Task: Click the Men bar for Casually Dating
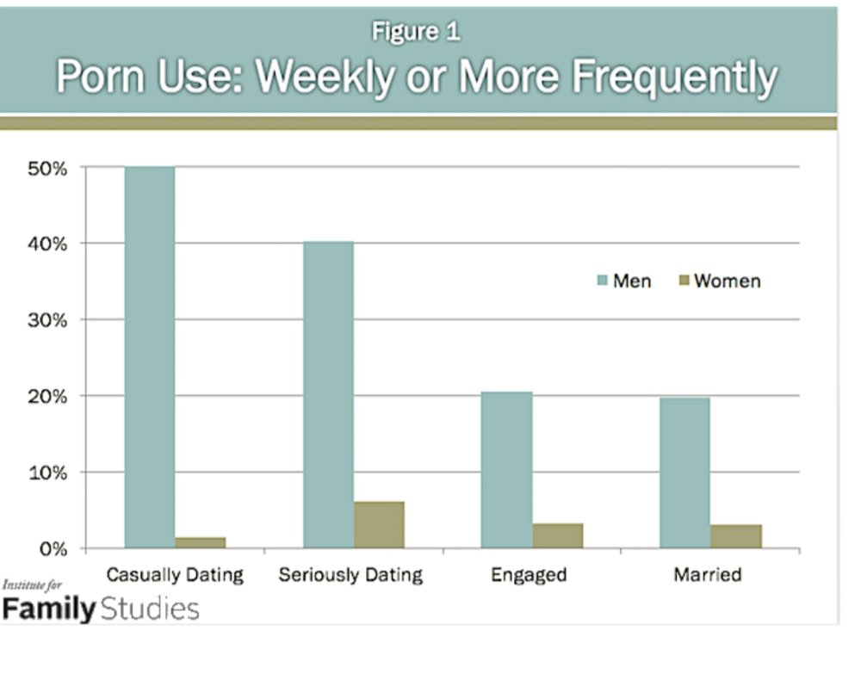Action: [x=150, y=357]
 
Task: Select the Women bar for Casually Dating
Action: [x=201, y=542]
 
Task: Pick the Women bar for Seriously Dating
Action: [x=379, y=524]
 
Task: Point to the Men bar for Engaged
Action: [x=506, y=470]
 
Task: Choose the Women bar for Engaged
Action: [x=557, y=535]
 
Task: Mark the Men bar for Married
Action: [x=684, y=473]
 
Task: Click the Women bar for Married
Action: [x=735, y=536]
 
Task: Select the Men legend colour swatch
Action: [x=602, y=281]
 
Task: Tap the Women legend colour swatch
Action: [x=684, y=281]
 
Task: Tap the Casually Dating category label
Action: [x=175, y=574]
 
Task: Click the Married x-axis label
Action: [x=708, y=574]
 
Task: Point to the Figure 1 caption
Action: [x=416, y=32]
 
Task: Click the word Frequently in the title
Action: [x=675, y=79]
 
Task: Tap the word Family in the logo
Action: [x=48, y=609]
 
